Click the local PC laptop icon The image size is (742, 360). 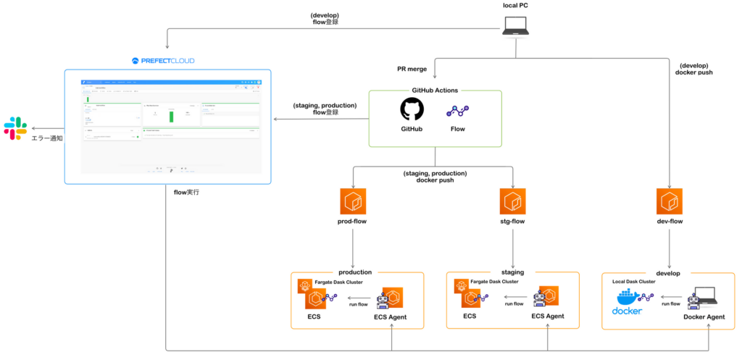pyautogui.click(x=515, y=25)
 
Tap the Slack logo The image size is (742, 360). pyautogui.click(x=15, y=128)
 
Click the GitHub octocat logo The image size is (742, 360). pyautogui.click(x=412, y=110)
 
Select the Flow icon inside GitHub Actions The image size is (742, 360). pyautogui.click(x=457, y=111)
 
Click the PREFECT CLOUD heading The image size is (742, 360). pyautogui.click(x=164, y=61)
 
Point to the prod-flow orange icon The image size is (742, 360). pyautogui.click(x=352, y=201)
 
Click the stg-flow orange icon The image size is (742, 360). pyautogui.click(x=512, y=201)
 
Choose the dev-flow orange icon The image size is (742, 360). pyautogui.click(x=669, y=201)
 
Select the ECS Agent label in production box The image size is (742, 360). pyautogui.click(x=391, y=317)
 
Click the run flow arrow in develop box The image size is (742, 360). pyautogui.click(x=670, y=296)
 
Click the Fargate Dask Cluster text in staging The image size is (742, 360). pyautogui.click(x=494, y=281)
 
